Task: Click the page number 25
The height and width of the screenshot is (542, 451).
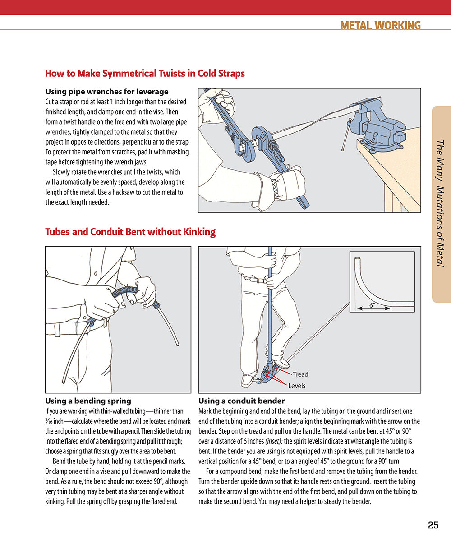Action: point(433,525)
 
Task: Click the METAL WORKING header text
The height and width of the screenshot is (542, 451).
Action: point(380,25)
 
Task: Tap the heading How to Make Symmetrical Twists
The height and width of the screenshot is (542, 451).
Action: point(145,73)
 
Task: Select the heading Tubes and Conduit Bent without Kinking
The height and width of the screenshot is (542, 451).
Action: point(130,232)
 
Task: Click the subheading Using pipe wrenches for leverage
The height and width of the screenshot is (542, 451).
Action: point(107,92)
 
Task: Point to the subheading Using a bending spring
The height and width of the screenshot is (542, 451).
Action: point(88,401)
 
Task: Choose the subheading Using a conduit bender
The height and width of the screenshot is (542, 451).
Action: point(241,401)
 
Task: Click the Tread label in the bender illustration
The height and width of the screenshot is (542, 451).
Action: point(300,374)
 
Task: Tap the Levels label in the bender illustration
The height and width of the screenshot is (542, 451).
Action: point(297,386)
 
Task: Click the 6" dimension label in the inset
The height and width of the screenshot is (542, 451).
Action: point(373,305)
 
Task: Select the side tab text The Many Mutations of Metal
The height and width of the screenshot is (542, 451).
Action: point(441,203)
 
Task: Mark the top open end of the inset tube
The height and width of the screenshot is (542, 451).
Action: point(357,260)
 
